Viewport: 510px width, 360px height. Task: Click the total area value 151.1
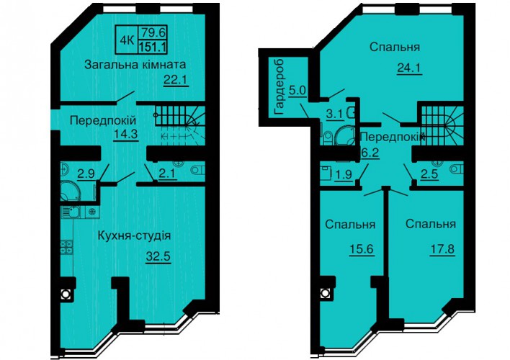click(x=153, y=47)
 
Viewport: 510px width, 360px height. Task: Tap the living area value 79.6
click(x=153, y=32)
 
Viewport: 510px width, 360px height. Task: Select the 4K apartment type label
click(x=127, y=40)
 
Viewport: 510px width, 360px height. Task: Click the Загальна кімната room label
click(x=135, y=64)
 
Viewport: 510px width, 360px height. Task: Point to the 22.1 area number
click(x=176, y=79)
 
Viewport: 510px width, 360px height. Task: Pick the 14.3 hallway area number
click(x=126, y=134)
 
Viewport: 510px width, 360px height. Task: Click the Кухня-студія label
click(x=134, y=235)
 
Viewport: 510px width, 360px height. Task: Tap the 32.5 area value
click(x=158, y=256)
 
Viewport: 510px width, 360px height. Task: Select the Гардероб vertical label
click(x=279, y=87)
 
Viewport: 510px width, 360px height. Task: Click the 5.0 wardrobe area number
click(x=297, y=89)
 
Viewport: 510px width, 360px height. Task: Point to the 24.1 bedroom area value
click(x=409, y=68)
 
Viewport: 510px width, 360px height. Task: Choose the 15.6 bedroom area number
click(x=361, y=249)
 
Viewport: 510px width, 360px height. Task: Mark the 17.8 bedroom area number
click(x=442, y=249)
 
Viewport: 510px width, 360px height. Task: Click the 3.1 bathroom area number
click(x=335, y=114)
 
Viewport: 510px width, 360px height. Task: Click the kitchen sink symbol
click(x=72, y=212)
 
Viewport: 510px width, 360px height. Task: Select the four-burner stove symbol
click(x=67, y=247)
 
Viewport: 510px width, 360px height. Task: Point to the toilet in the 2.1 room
click(x=197, y=170)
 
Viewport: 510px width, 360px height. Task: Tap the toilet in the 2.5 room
click(x=457, y=169)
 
